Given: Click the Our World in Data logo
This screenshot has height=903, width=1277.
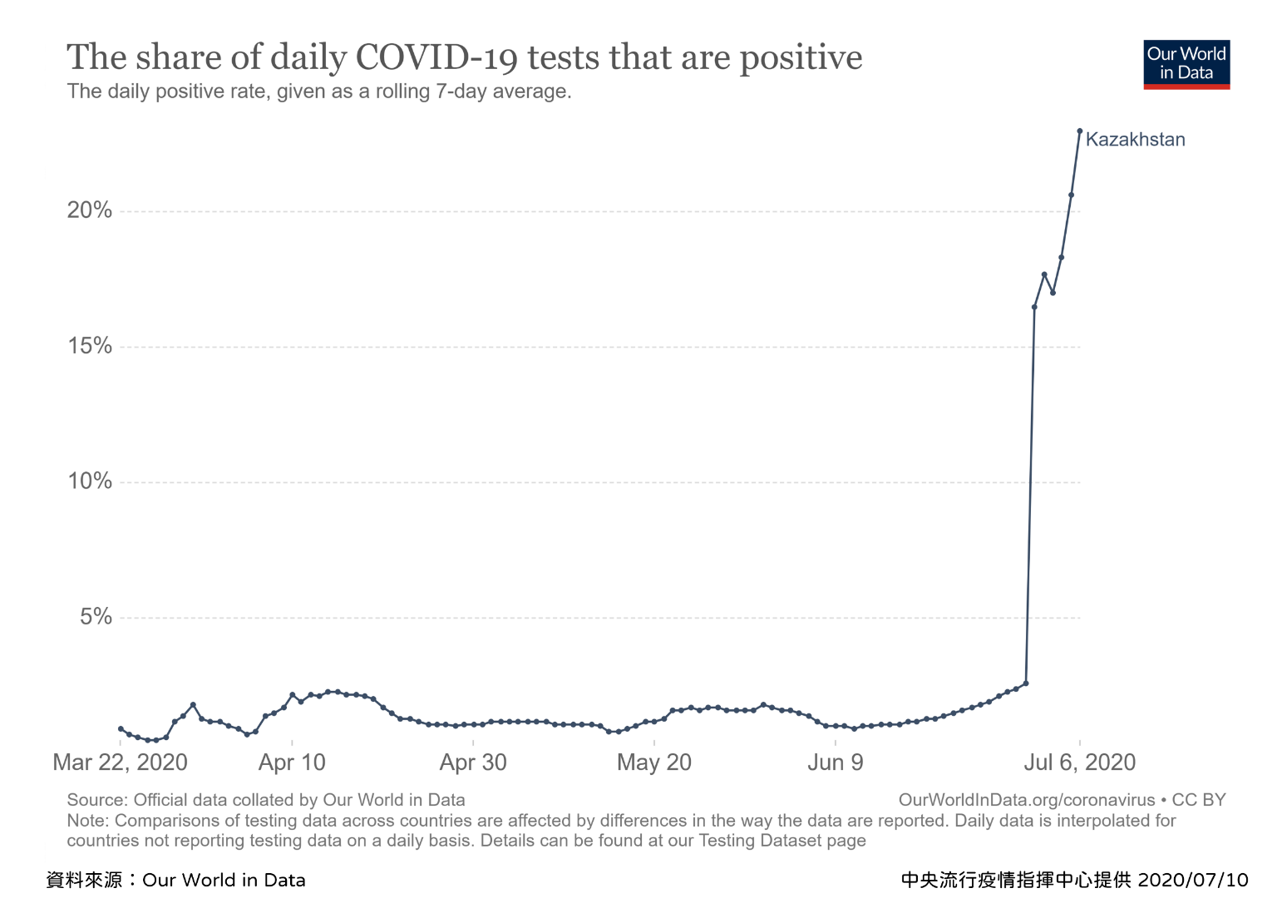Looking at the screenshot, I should click(x=1186, y=64).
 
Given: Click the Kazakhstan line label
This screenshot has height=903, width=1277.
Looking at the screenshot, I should click(x=1135, y=140).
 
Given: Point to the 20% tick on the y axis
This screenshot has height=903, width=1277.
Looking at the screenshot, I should click(x=90, y=210).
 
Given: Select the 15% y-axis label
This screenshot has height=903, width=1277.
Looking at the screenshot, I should click(x=90, y=346).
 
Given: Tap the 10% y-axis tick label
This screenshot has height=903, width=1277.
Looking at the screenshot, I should click(x=90, y=481).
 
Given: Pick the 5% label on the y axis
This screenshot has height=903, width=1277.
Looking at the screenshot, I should click(x=96, y=617).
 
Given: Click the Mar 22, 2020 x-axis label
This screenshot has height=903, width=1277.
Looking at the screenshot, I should click(x=120, y=762).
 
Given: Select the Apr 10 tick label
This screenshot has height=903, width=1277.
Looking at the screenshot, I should click(x=292, y=762).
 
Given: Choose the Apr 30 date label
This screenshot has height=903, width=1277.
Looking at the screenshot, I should click(x=473, y=762).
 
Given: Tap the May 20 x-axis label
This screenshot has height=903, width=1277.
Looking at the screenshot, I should click(x=654, y=762).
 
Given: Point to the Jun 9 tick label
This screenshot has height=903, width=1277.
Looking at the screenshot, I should click(x=836, y=762).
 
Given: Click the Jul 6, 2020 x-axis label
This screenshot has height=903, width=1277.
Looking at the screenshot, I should click(x=1079, y=762).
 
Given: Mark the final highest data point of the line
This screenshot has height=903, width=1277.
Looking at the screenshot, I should click(x=1080, y=131).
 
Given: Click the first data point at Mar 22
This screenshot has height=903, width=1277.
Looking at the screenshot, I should click(x=121, y=728).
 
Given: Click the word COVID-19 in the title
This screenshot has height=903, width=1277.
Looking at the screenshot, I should click(x=436, y=58).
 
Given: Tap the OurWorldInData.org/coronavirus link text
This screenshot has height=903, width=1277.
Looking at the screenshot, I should click(x=1027, y=800).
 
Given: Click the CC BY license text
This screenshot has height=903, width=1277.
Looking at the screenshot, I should click(x=1199, y=800).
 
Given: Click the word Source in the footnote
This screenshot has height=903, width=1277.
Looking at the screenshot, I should click(x=96, y=800).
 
